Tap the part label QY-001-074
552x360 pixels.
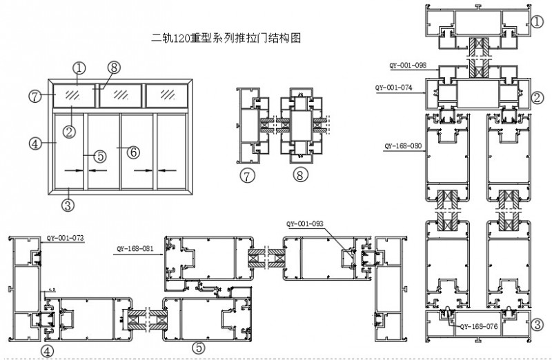[x=393, y=88]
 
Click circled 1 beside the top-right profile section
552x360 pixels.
[x=538, y=21]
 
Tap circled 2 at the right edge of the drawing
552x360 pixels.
[x=538, y=97]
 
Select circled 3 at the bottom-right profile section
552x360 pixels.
[x=538, y=324]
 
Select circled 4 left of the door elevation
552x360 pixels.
[x=32, y=143]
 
